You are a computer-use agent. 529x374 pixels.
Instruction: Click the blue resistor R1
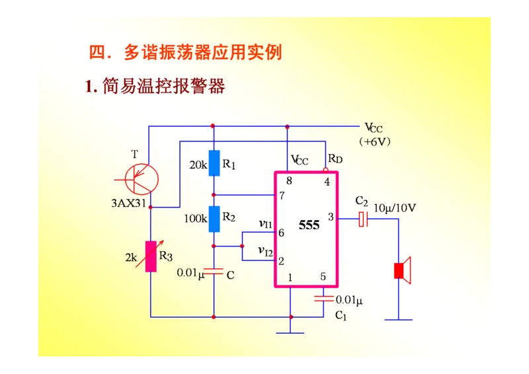click(214, 163)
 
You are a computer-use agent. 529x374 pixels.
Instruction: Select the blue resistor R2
click(214, 219)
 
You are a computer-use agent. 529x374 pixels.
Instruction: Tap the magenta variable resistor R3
click(151, 257)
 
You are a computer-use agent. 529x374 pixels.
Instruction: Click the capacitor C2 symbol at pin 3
click(362, 219)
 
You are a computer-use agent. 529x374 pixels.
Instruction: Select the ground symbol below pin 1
click(290, 329)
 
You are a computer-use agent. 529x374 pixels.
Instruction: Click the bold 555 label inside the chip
click(309, 225)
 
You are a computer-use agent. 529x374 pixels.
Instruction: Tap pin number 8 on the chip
click(289, 181)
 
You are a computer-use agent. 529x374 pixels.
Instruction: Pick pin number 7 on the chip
click(282, 196)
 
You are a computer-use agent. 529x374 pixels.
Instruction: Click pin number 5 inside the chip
click(323, 277)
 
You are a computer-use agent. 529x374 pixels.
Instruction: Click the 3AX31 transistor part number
click(128, 203)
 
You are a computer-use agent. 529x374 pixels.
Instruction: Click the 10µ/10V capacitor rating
click(395, 207)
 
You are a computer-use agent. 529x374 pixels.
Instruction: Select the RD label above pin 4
click(335, 159)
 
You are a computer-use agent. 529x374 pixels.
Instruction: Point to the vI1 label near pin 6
click(265, 224)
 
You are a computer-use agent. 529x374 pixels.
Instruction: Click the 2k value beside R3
click(131, 258)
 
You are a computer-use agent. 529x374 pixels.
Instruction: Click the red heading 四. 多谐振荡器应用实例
click(185, 52)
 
